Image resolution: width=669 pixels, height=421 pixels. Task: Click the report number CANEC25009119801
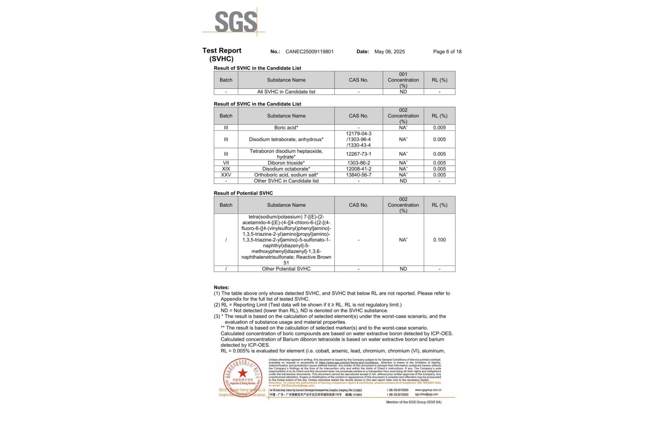point(309,52)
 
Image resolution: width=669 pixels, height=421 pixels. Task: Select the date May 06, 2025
point(390,52)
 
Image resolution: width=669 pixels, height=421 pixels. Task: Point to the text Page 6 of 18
point(447,52)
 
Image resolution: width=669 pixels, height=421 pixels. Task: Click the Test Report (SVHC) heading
point(222,54)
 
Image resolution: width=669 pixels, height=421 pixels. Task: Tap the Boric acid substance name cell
point(286,128)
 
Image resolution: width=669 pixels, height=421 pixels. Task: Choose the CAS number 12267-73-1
point(358,154)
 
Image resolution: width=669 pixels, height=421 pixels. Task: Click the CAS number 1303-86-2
point(358,163)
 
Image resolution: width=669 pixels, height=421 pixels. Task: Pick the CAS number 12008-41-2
point(358,169)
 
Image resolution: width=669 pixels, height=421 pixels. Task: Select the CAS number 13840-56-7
point(358,175)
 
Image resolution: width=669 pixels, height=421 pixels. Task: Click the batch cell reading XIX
point(226,169)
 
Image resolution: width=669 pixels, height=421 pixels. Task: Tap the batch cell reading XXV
point(226,175)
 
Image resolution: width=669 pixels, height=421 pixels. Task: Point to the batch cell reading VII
point(226,163)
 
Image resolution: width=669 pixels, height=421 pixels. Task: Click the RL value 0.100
point(439,240)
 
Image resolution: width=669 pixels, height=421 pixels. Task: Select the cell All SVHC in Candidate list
point(286,92)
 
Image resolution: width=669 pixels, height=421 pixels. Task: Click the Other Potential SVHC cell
point(286,269)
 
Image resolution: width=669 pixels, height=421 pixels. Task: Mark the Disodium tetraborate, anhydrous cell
point(286,139)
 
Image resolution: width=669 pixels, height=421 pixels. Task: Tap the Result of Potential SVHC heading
point(243,193)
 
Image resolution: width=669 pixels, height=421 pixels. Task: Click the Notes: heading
point(221,288)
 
